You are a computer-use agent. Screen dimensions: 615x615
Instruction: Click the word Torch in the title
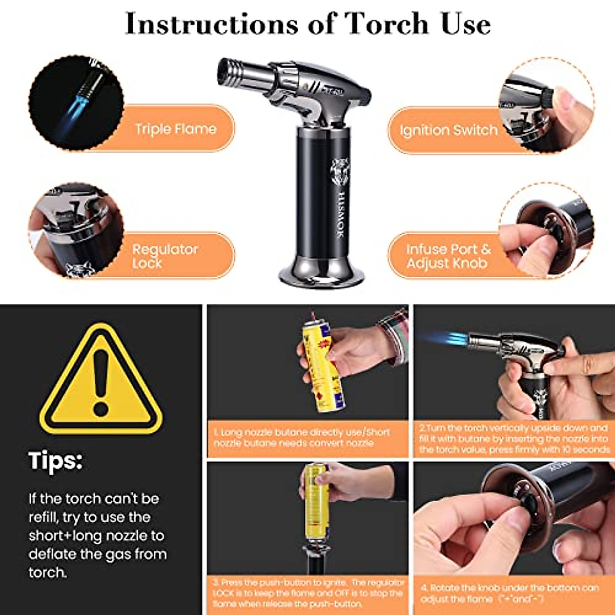coord(386,24)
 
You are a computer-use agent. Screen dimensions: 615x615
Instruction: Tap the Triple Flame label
coord(175,129)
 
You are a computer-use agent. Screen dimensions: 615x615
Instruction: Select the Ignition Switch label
coord(448,130)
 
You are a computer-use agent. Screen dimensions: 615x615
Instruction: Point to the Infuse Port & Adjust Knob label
coord(448,256)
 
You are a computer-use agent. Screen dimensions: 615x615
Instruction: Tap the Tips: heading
coord(55,460)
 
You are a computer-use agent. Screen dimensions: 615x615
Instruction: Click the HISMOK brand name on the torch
coord(340,215)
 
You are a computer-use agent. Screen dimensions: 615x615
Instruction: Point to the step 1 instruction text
coord(302,438)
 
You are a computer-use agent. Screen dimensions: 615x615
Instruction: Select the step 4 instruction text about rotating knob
coord(509,593)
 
